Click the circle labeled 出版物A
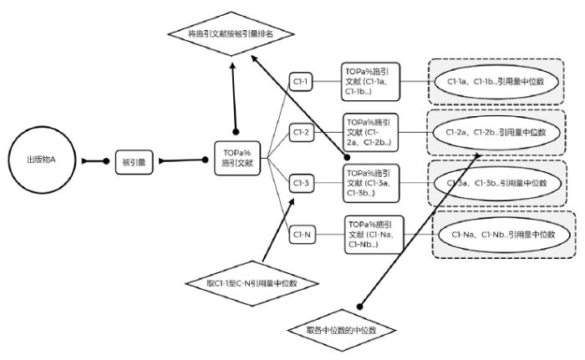click(x=42, y=160)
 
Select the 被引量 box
click(x=134, y=161)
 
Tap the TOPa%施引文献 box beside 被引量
click(x=236, y=159)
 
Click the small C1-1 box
click(x=302, y=82)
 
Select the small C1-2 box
click(x=302, y=132)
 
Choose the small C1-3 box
click(x=302, y=183)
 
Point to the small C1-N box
click(x=302, y=235)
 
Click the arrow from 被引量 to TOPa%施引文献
click(x=182, y=160)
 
